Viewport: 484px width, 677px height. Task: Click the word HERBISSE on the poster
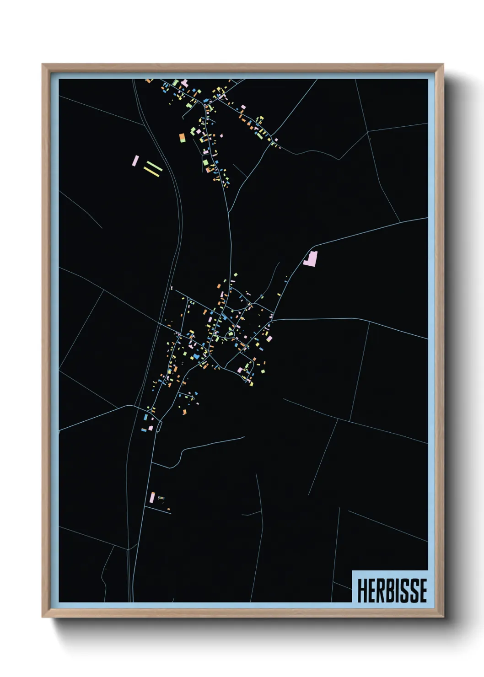(x=392, y=591)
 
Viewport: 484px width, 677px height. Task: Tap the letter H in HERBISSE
(x=361, y=591)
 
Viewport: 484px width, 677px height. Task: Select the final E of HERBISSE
(x=423, y=591)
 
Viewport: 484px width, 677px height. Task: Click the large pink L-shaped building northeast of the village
(x=310, y=258)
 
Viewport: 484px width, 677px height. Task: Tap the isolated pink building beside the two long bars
(x=135, y=161)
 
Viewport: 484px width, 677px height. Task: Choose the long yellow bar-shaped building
(x=152, y=171)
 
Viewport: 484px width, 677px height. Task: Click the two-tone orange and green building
(x=182, y=138)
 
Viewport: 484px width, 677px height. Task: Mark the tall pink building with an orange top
(x=152, y=497)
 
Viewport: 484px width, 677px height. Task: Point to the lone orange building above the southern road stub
(x=168, y=509)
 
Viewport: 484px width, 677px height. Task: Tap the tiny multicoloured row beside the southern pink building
(x=161, y=499)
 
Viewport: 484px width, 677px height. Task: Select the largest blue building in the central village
(x=196, y=356)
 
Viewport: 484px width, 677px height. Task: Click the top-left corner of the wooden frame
(x=43, y=65)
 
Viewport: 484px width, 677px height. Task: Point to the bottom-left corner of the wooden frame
(x=43, y=617)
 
